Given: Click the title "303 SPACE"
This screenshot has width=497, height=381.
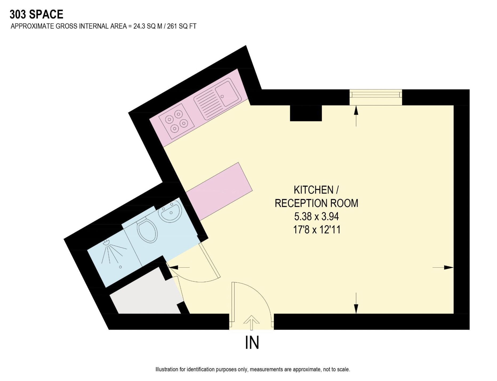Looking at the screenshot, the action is tap(37, 14).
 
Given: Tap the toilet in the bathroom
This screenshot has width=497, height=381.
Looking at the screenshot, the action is tap(147, 230).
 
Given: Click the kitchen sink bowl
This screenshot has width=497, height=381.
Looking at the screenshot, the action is tap(227, 93).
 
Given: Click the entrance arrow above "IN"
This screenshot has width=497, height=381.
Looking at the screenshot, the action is tap(251, 322).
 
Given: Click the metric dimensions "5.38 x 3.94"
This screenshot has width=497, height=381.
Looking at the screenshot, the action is tap(316, 216).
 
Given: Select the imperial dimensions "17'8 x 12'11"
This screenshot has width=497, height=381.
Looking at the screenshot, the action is tap(317, 230).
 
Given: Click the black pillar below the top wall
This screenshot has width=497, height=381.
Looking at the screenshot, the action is tap(306, 113).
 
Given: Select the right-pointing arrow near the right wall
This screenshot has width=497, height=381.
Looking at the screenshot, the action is tap(443, 267).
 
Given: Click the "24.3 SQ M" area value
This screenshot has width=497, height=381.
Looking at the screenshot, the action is tap(148, 26).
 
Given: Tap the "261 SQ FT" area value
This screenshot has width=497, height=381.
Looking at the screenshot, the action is tap(182, 26).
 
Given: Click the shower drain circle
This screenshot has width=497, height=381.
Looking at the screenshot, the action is tap(121, 267).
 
